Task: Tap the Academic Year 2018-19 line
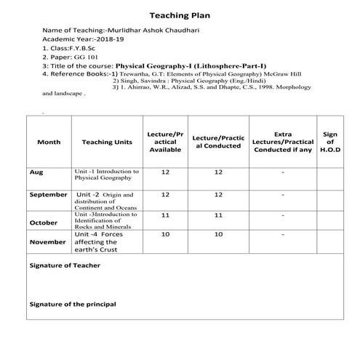click(74, 39)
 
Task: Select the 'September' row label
click(48, 195)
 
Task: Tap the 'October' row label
click(43, 222)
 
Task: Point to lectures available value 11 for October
click(165, 216)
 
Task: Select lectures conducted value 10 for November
click(217, 235)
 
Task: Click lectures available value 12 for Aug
click(165, 172)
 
